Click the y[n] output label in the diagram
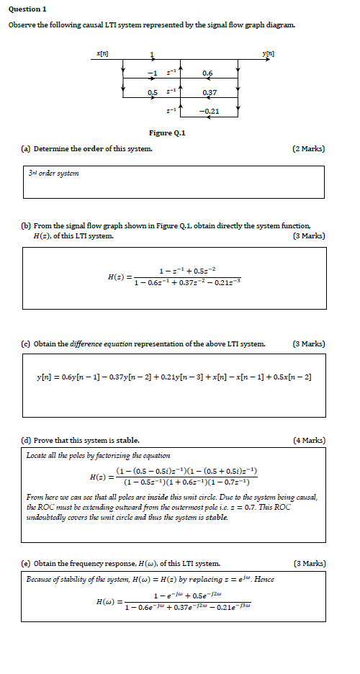click(x=268, y=54)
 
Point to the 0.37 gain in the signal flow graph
click(x=210, y=93)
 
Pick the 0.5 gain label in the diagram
click(x=152, y=93)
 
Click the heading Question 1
click(x=27, y=9)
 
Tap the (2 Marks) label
click(x=309, y=148)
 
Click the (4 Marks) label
click(x=309, y=439)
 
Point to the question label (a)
click(x=26, y=148)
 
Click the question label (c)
click(x=26, y=343)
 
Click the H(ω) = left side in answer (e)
click(x=107, y=601)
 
